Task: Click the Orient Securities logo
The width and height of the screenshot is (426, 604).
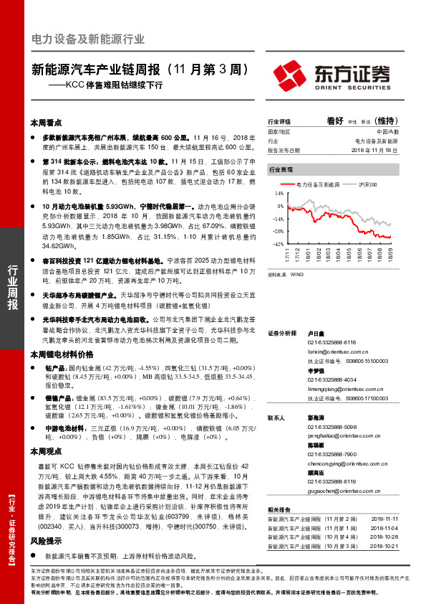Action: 332,75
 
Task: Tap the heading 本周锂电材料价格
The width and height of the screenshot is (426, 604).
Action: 62,354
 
